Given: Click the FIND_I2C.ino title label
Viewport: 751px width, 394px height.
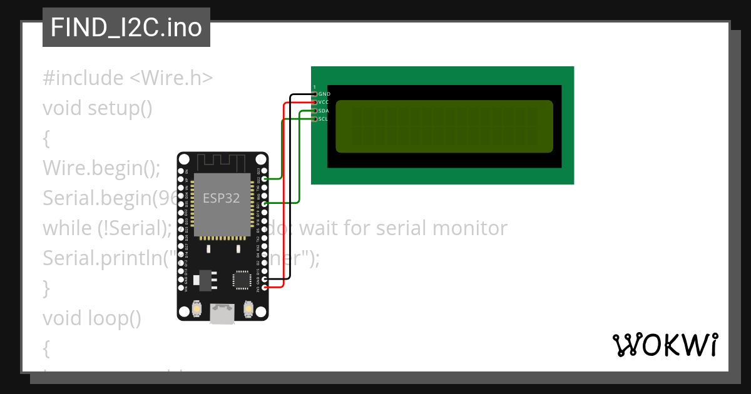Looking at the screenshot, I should coord(126,28).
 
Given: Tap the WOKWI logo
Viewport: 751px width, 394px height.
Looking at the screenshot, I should coord(665,345).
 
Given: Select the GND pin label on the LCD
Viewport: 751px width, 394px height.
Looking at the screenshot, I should coord(324,94).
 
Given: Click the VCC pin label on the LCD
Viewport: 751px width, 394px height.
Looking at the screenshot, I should coord(324,102).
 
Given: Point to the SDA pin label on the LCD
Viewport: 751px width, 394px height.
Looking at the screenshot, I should coord(324,111).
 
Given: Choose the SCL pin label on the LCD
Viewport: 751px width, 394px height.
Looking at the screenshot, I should coord(323,119).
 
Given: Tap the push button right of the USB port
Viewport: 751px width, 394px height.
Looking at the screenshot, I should coord(248,309).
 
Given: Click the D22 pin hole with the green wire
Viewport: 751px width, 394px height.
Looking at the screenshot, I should coord(265,179).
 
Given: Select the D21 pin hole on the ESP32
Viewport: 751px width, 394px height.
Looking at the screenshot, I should coord(265,204).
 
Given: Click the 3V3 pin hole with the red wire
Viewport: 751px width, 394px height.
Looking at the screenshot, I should coord(265,287).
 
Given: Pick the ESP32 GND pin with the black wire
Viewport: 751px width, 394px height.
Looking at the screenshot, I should coord(265,279).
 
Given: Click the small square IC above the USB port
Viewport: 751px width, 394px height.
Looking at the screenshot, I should coord(241,279).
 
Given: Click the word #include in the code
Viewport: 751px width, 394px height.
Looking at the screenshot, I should coord(83,78).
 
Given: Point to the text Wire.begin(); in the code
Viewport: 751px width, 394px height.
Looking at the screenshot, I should coord(101,168).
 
